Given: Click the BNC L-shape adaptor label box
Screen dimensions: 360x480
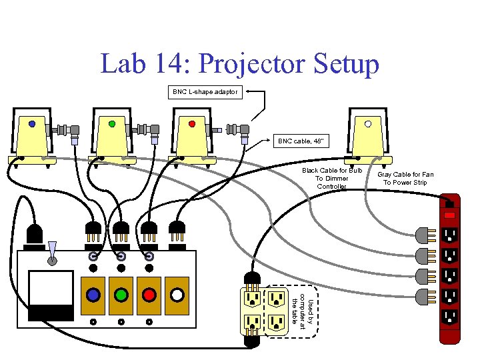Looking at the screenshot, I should click(205, 92).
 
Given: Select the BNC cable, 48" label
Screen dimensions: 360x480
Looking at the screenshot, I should click(300, 141).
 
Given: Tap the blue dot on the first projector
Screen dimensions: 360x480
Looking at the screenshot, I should click(32, 123).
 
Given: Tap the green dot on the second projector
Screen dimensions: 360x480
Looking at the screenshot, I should click(111, 123).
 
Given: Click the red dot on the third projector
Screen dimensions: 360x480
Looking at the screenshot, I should click(192, 123).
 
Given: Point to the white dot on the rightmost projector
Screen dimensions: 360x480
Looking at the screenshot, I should click(368, 123).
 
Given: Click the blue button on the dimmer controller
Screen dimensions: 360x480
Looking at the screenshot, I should click(93, 295).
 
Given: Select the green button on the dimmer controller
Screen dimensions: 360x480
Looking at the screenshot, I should click(121, 295).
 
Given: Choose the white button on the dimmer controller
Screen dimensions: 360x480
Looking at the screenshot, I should click(177, 295).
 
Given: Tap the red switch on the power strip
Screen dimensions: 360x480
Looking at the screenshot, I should click(451, 215).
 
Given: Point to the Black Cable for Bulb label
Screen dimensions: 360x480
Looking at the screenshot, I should click(331, 179).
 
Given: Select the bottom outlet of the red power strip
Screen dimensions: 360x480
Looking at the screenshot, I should click(451, 315).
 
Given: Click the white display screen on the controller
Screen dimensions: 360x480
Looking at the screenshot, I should click(51, 288).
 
